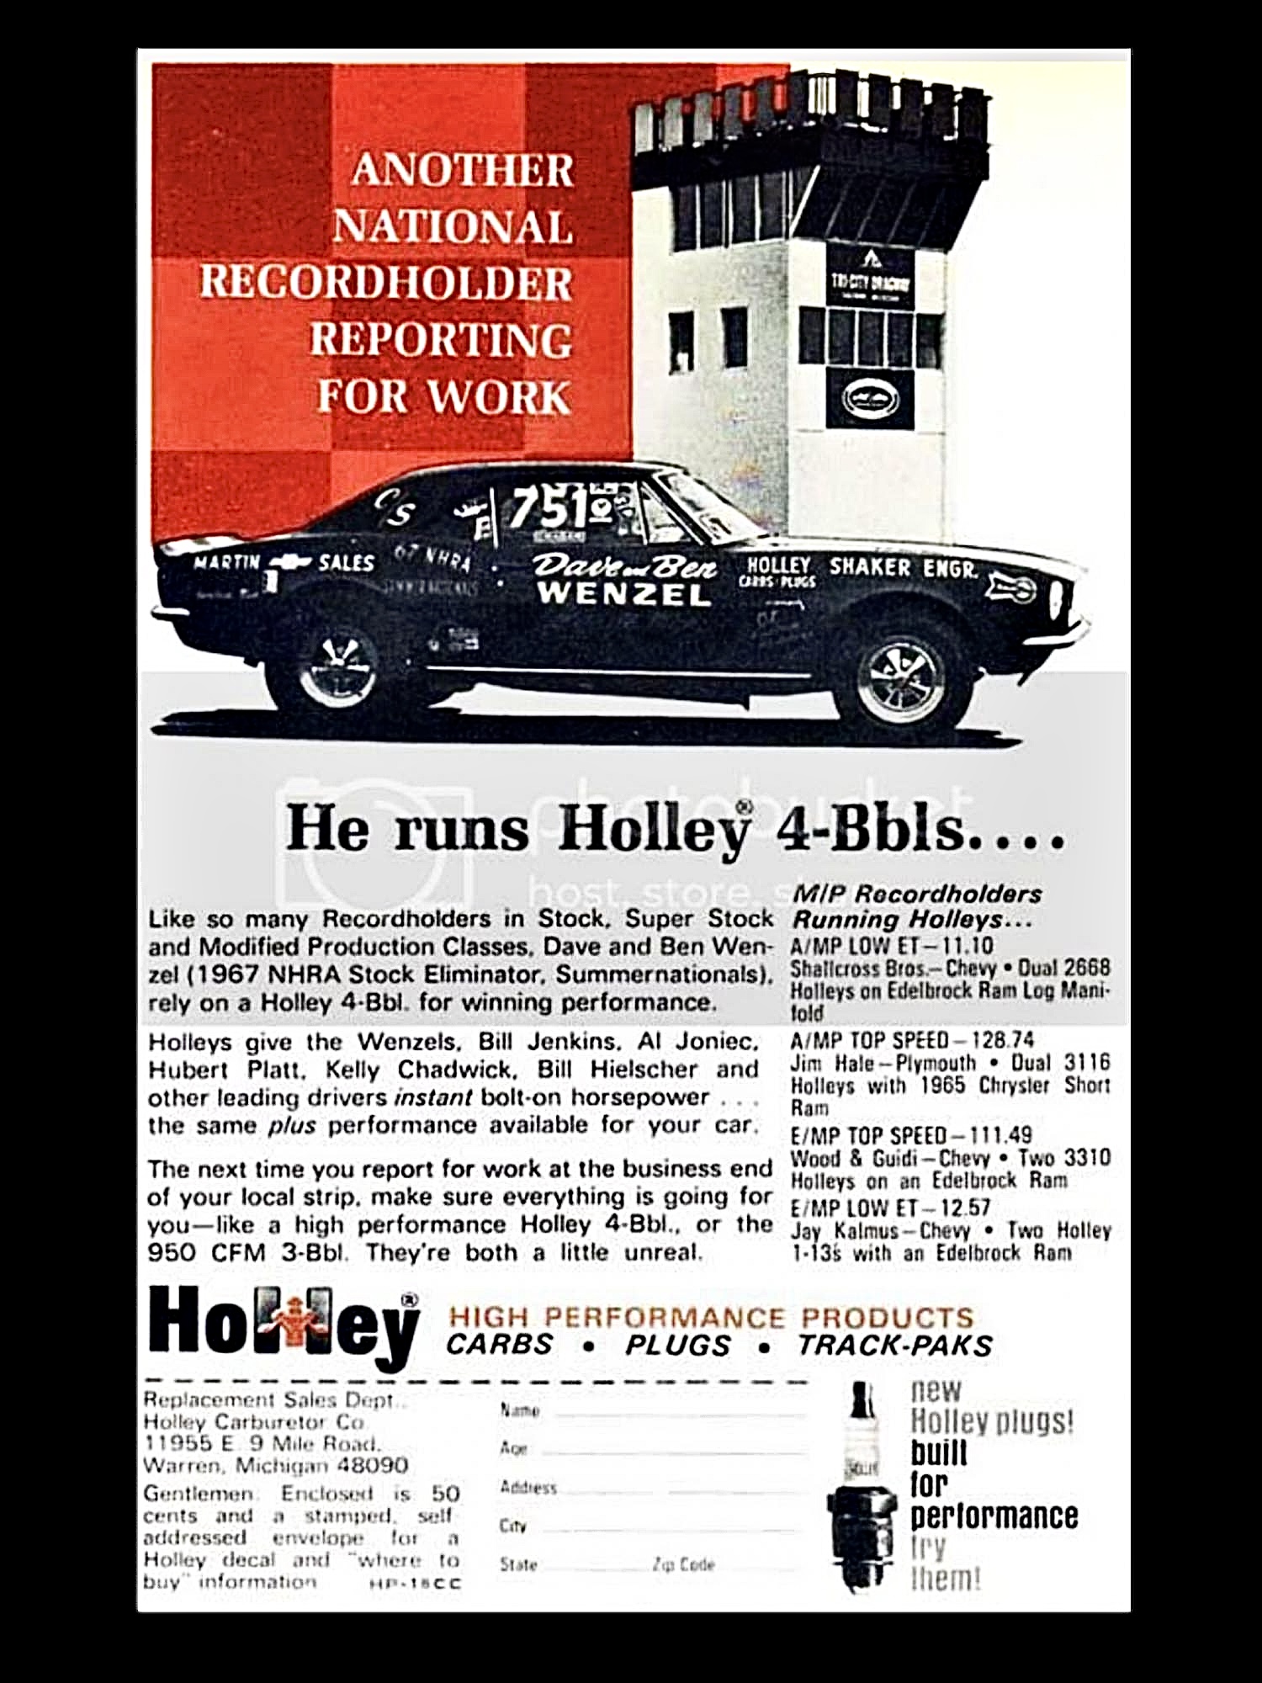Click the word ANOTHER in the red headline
[463, 171]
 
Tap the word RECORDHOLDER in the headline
[385, 283]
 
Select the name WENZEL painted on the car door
[623, 594]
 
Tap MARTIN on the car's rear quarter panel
[226, 561]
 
